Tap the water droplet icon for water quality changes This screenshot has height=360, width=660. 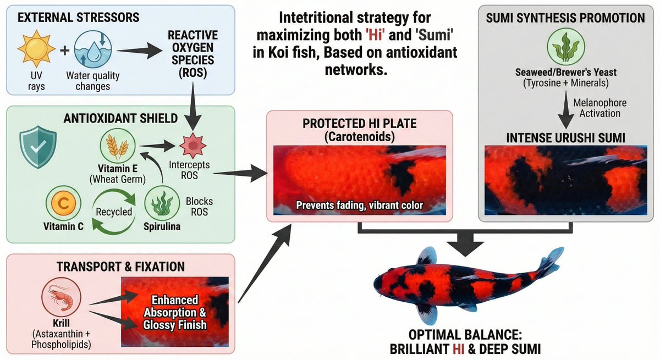93,49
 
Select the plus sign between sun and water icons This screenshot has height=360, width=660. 64,50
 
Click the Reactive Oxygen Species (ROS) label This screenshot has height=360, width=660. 193,54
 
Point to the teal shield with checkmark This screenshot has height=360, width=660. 38,147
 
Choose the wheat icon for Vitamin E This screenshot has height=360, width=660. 118,146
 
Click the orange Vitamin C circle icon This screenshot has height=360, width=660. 63,203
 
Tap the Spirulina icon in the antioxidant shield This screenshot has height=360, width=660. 162,203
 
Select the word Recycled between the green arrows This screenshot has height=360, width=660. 114,212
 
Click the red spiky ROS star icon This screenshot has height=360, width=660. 193,146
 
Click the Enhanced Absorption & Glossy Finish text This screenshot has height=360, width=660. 175,312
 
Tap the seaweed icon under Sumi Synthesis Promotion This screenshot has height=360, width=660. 566,47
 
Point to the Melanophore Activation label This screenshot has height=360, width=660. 600,108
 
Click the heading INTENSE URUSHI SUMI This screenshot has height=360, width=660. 566,138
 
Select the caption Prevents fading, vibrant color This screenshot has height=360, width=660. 360,205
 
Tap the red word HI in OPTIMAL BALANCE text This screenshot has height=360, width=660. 459,349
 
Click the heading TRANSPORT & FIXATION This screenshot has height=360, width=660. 121,267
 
